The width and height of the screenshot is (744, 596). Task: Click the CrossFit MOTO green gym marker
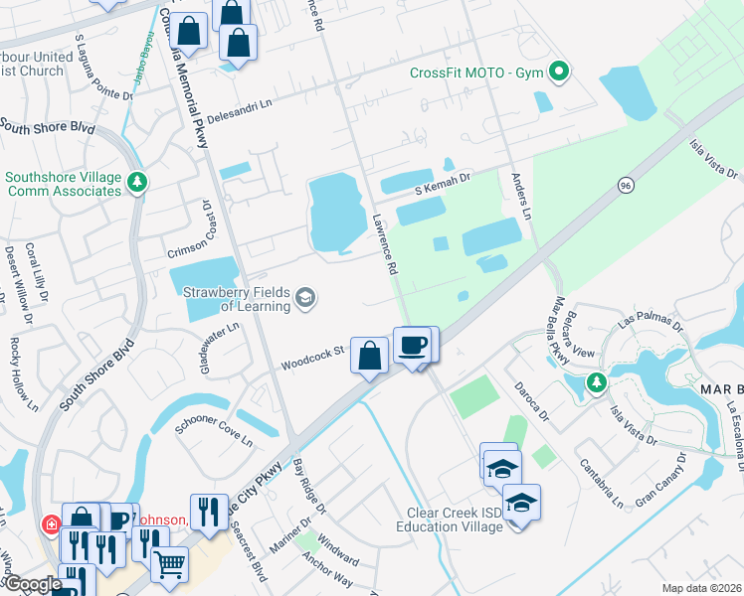(559, 72)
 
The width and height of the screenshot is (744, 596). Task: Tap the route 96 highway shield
(625, 186)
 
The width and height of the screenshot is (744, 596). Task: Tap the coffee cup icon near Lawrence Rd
(412, 346)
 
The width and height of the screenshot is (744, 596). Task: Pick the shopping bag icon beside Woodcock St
(369, 356)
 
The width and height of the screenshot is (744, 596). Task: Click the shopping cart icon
(170, 563)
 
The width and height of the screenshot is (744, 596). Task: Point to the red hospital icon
(48, 523)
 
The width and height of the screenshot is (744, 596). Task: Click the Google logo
(33, 585)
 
